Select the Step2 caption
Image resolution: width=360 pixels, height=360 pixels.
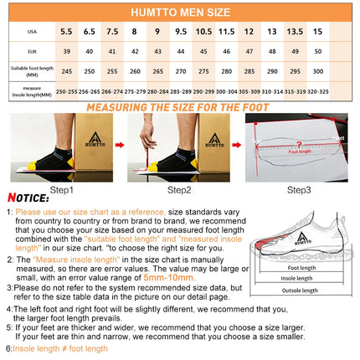pyautogui.click(x=177, y=190)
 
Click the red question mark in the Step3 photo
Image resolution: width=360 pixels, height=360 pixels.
pyautogui.click(x=289, y=144)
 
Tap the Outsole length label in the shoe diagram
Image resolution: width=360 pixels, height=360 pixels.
pyautogui.click(x=299, y=314)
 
